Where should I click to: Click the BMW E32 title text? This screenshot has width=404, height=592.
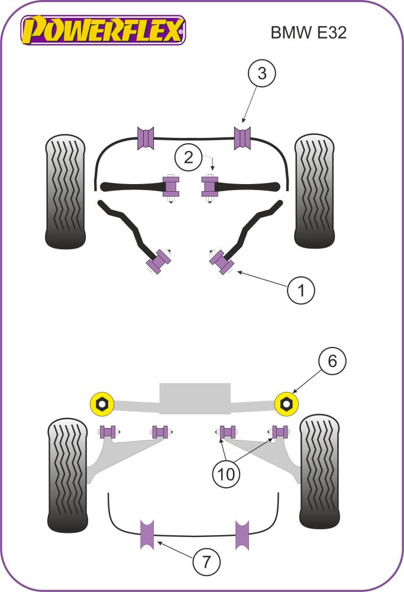[308, 33]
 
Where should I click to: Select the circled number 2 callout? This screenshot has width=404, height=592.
[188, 157]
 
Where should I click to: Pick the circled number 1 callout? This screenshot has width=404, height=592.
[301, 290]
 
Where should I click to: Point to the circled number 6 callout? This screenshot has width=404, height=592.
[332, 361]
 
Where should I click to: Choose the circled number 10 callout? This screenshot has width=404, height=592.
[228, 474]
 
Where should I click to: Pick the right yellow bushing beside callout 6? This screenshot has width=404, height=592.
[287, 404]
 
